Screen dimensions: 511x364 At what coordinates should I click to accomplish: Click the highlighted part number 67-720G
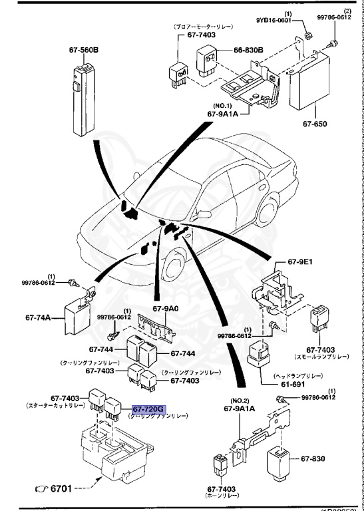point(148,409)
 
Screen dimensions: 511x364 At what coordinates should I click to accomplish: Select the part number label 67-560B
point(83,49)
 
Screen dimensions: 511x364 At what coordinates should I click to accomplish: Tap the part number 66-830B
point(248,50)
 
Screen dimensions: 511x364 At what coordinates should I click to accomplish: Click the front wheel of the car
point(175,269)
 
